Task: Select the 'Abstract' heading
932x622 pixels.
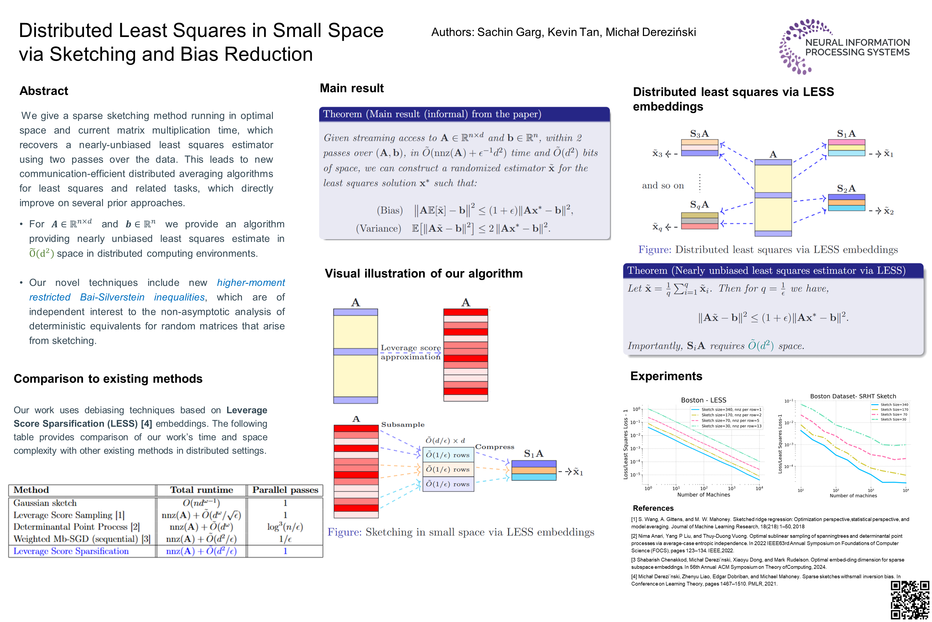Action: [44, 91]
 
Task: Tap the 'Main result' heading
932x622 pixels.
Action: [351, 88]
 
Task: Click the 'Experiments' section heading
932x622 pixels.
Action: [666, 376]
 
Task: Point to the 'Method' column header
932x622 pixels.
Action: [31, 490]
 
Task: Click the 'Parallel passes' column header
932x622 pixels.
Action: [285, 490]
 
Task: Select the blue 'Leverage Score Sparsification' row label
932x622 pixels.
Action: [71, 551]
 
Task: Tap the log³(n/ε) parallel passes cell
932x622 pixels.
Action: [285, 527]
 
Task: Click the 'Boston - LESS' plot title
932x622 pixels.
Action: [703, 400]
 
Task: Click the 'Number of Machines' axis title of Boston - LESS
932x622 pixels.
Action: [703, 495]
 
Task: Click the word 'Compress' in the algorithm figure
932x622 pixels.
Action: [495, 447]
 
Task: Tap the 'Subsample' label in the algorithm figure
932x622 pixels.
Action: [403, 424]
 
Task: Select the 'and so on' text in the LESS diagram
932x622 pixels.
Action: [663, 186]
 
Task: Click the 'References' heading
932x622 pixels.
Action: [653, 508]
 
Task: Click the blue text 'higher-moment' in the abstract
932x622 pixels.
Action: [251, 283]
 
